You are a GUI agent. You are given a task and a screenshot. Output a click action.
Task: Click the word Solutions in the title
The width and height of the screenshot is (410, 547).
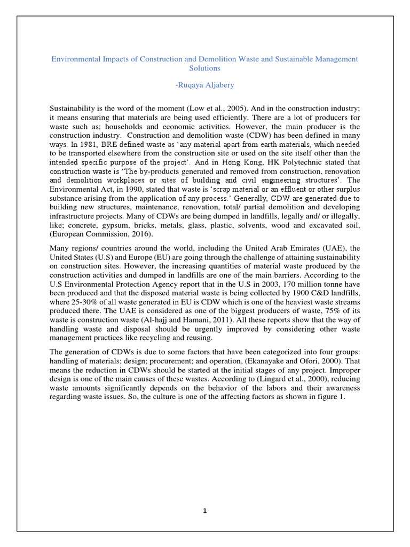coord(204,68)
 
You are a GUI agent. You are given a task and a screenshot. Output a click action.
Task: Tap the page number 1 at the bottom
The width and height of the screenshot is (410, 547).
coord(204,510)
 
